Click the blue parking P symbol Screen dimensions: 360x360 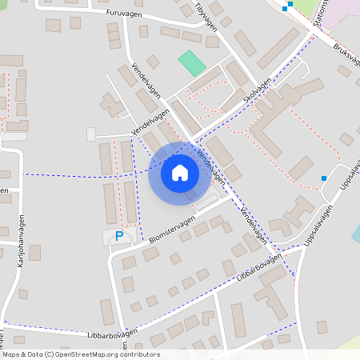[x=119, y=236]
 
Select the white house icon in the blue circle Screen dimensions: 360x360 [x=180, y=173]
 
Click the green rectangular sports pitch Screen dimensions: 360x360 [x=192, y=63]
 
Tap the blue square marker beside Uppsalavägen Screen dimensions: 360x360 [x=324, y=178]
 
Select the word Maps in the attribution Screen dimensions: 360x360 [x=12, y=354]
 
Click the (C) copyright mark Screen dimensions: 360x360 [x=50, y=354]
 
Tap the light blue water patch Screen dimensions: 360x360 [x=355, y=234]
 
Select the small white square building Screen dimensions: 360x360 [x=90, y=133]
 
